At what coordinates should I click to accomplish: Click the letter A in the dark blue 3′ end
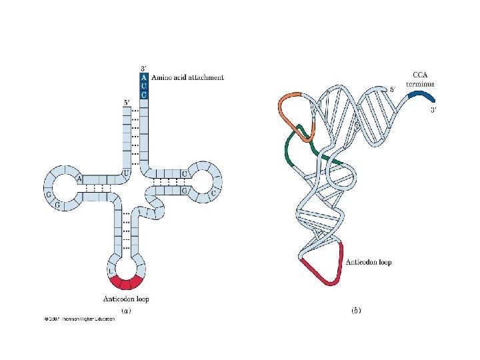[x=143, y=77]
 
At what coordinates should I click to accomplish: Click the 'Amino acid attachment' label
[x=187, y=78]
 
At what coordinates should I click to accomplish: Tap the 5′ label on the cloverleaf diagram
[x=127, y=103]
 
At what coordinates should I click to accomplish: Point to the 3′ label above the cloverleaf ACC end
[x=143, y=68]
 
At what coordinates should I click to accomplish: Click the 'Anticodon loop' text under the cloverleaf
[x=126, y=299]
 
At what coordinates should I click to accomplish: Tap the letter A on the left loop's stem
[x=79, y=179]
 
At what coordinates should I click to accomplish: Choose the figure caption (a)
[x=125, y=310]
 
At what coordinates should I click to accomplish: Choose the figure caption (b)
[x=355, y=311]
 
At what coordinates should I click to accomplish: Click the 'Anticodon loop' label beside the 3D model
[x=369, y=262]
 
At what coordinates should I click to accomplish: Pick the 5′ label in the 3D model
[x=393, y=89]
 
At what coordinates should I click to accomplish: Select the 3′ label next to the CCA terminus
[x=433, y=110]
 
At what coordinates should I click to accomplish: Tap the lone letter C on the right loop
[x=214, y=191]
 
